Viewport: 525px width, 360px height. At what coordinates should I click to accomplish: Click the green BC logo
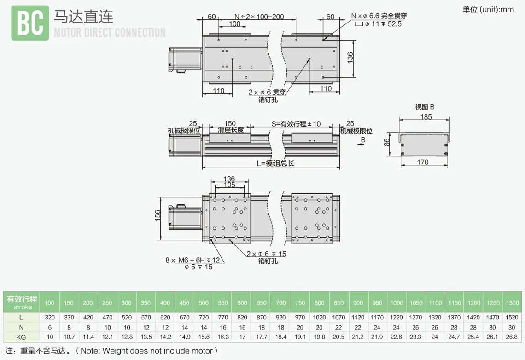point(30,23)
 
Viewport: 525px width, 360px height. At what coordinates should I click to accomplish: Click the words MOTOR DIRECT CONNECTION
point(110,33)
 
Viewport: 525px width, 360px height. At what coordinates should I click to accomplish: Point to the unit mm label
point(488,9)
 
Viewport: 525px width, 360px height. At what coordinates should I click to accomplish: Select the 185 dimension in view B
point(426,117)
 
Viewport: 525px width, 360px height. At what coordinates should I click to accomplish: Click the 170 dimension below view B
point(422,162)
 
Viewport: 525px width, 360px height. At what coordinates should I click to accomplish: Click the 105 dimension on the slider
point(229,185)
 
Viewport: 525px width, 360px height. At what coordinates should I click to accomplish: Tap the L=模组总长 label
point(275,163)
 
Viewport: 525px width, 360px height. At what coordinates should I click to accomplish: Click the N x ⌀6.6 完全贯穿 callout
point(379,16)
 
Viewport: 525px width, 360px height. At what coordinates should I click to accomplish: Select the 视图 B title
point(425,107)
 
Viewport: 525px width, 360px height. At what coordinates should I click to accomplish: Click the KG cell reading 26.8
point(512,337)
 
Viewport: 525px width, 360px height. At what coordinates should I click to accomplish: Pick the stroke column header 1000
point(396,303)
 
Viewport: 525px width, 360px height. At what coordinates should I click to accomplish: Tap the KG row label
point(21,337)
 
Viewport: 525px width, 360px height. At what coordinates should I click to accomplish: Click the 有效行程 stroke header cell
point(22,302)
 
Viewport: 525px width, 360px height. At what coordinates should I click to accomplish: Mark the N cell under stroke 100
point(49,327)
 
